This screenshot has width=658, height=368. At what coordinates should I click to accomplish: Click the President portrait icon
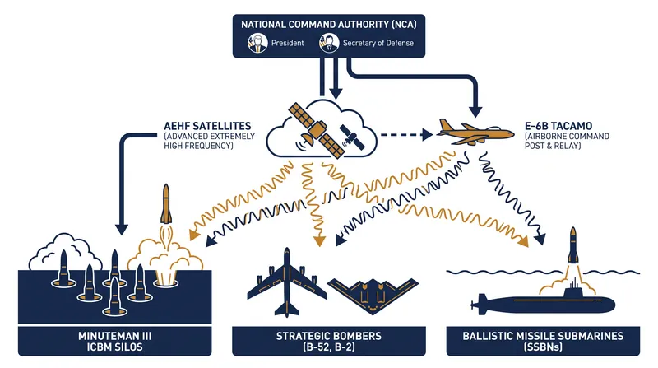[x=257, y=43]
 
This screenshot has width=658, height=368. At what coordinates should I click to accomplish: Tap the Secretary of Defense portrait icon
[x=329, y=43]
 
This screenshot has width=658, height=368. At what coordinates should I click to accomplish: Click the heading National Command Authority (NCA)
[x=329, y=25]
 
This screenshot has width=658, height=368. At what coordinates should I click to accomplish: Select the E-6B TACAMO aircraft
[x=475, y=132]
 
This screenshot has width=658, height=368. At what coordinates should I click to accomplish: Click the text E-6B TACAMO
[x=558, y=126]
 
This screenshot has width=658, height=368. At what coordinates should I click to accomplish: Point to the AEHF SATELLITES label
[x=207, y=126]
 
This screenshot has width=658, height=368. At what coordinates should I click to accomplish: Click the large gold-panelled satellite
[x=317, y=130]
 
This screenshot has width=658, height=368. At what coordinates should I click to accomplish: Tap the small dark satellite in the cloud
[x=352, y=137]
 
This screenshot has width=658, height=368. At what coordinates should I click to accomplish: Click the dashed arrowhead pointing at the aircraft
[x=427, y=134]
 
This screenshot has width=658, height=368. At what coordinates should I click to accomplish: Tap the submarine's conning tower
[x=573, y=290]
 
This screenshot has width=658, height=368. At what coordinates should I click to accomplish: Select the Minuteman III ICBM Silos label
[x=115, y=342]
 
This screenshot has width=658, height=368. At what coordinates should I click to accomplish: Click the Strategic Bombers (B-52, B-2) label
[x=329, y=342]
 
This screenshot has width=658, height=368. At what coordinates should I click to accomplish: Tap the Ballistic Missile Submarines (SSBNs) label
[x=543, y=342]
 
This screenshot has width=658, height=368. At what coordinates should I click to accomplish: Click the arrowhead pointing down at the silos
[x=121, y=230]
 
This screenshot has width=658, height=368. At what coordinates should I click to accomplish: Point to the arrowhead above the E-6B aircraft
[x=475, y=111]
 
